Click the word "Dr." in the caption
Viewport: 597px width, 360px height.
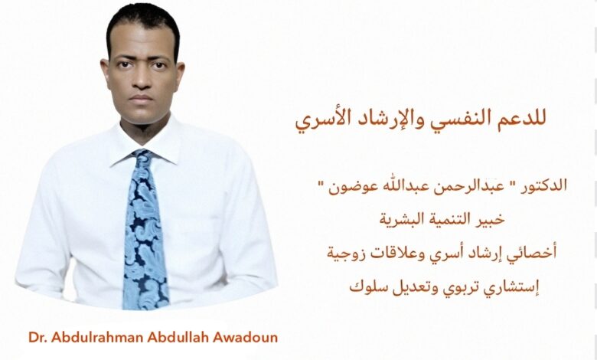38,338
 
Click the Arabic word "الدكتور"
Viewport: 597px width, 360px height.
543,185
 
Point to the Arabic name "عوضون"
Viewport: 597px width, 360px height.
348,187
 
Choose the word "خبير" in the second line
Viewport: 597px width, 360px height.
491,219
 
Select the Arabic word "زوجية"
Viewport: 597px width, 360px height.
344,254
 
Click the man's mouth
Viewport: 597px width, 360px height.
141,98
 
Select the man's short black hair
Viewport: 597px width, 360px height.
143,24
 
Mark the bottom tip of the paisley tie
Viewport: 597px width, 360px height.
146,309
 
